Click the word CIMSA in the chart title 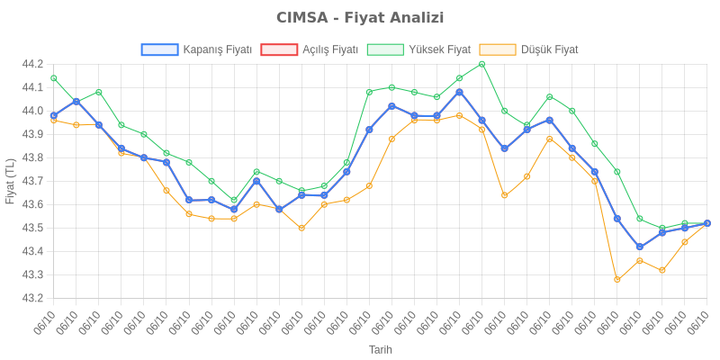coord(301,18)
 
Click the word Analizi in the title coord(416,18)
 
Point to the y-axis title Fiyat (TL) coord(11,180)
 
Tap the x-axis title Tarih coord(381,349)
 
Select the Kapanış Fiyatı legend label coord(217,49)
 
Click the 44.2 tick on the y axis coord(32,65)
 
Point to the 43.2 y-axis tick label coord(32,298)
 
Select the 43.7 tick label coord(32,181)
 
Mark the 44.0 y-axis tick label coord(32,111)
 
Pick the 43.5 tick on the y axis coord(32,228)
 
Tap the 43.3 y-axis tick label coord(32,274)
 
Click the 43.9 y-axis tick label coord(32,134)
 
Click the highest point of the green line coord(481,64)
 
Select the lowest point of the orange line coord(616,279)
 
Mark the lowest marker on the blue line coord(639,247)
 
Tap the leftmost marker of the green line coord(54,78)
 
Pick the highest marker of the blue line coord(459,92)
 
